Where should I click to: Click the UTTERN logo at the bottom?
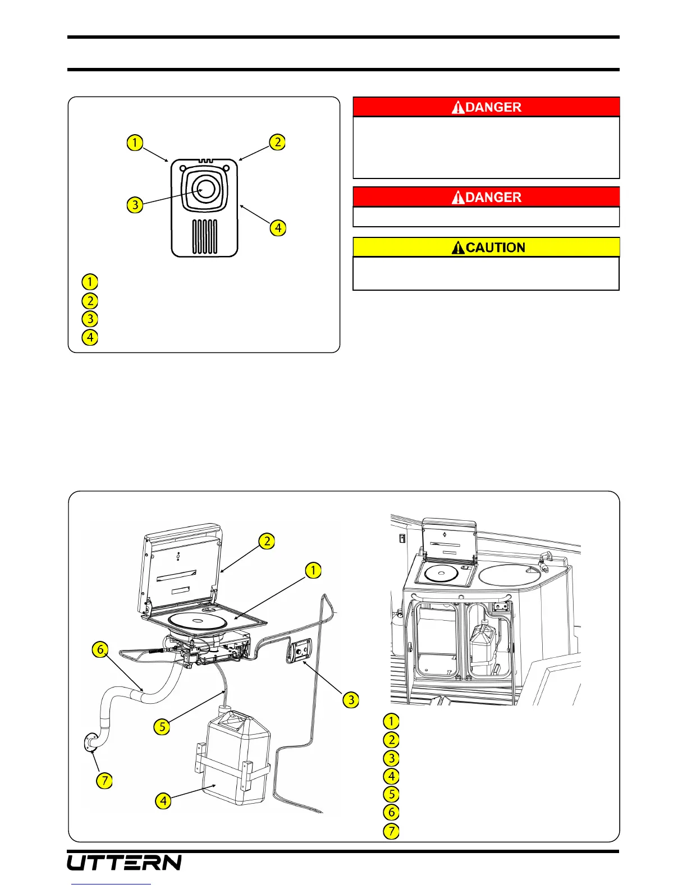124,862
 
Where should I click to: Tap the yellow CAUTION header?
486,248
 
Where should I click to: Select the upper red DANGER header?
486,107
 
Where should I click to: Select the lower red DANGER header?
486,197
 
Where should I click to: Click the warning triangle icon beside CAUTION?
459,248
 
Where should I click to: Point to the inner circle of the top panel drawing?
206,189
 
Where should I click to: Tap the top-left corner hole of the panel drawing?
182,168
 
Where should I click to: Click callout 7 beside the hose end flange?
104,780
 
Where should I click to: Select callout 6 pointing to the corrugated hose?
100,650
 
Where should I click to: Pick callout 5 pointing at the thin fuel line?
162,727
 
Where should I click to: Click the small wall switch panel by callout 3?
299,651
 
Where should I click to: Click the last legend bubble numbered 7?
391,831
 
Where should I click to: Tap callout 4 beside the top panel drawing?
278,228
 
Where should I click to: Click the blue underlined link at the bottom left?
112,885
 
